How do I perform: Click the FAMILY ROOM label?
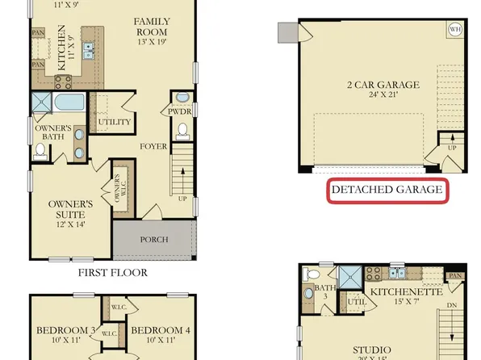[152, 25]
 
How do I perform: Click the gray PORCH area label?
[153, 239]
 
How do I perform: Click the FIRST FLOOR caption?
[112, 273]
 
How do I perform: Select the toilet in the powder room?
[182, 130]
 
